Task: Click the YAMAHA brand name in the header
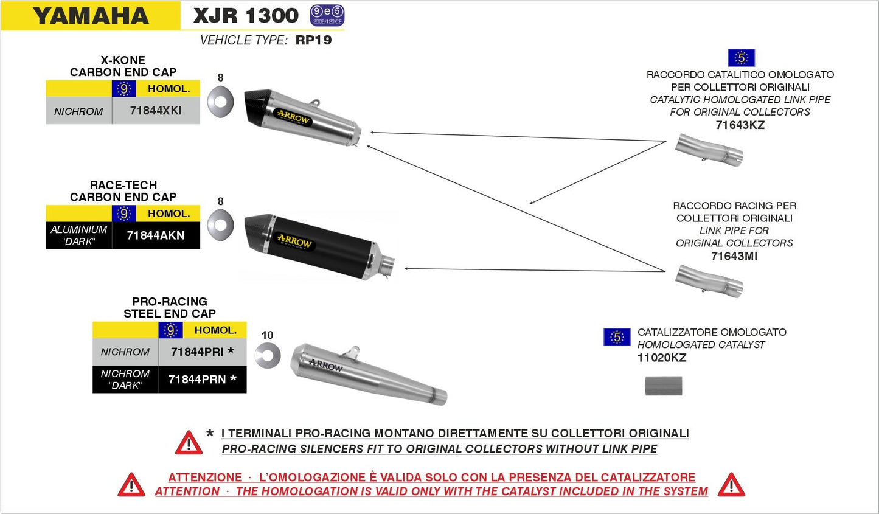pyautogui.click(x=91, y=16)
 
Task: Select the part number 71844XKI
pyautogui.click(x=156, y=111)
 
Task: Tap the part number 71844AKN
pyautogui.click(x=156, y=235)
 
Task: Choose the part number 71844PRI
pyautogui.click(x=197, y=352)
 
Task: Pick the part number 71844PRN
pyautogui.click(x=197, y=380)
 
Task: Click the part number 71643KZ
pyautogui.click(x=740, y=125)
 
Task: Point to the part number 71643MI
pyautogui.click(x=734, y=256)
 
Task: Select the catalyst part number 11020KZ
pyautogui.click(x=662, y=358)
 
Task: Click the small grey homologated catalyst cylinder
pyautogui.click(x=663, y=386)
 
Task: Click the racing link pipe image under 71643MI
pyautogui.click(x=710, y=281)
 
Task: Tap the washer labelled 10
pyautogui.click(x=268, y=355)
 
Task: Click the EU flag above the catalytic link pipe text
pyautogui.click(x=741, y=58)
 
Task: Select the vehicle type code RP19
pyautogui.click(x=313, y=40)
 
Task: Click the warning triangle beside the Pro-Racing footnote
pyautogui.click(x=189, y=443)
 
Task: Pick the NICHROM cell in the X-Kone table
pyautogui.click(x=78, y=111)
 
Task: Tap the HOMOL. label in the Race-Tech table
pyautogui.click(x=169, y=214)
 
